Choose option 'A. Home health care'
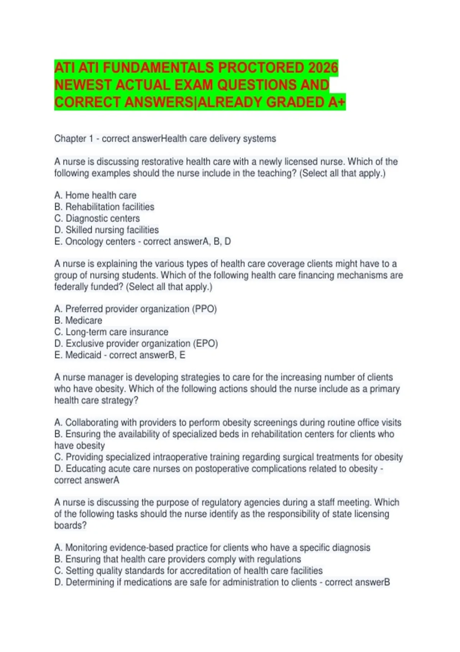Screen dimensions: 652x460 pos(95,195)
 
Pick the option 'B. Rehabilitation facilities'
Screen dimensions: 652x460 pos(104,207)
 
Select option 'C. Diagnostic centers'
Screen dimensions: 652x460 pos(97,218)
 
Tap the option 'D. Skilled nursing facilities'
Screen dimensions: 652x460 pos(107,230)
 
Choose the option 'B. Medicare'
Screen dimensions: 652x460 pos(78,320)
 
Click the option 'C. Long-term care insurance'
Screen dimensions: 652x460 pos(111,332)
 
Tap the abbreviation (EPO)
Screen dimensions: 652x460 pos(205,343)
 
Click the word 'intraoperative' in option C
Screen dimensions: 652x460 pos(181,457)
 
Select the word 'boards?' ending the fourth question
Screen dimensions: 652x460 pos(71,525)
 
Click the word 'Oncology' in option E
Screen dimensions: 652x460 pos(83,241)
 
